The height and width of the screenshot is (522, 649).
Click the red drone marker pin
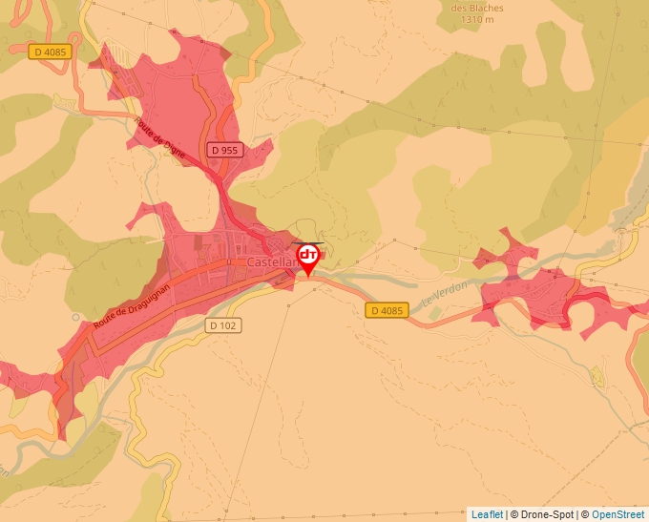pos(308,257)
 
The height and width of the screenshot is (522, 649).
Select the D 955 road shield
pos(225,150)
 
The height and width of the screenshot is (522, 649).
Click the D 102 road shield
pos(223,325)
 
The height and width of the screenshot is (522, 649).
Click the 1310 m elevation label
pos(477,18)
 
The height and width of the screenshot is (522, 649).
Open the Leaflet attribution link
pos(487,514)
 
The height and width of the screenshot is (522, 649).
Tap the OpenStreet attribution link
pos(618,514)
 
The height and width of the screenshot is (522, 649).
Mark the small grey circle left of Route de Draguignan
pos(75,318)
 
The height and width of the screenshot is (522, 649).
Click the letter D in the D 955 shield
pos(217,150)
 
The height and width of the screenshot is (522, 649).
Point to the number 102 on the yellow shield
pos(228,325)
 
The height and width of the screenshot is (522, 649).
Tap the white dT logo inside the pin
pos(308,254)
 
